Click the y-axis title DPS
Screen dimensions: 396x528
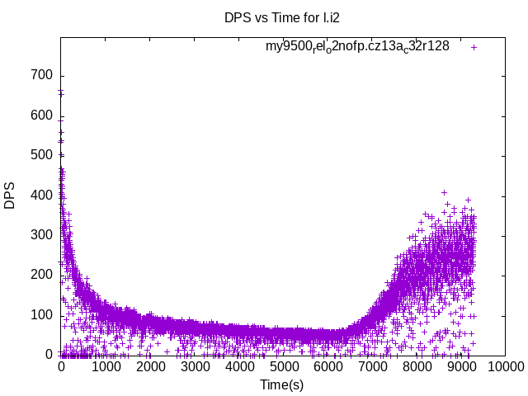coord(10,196)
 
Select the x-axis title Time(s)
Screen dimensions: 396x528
coord(282,384)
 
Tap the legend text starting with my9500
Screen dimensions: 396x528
coord(357,46)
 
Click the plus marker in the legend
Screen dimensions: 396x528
coord(474,47)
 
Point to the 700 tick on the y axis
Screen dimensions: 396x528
coord(42,76)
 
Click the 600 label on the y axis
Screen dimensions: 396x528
coord(42,115)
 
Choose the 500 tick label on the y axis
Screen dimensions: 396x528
coord(42,155)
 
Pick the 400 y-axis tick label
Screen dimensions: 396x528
coord(42,196)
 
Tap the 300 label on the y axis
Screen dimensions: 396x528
coord(42,235)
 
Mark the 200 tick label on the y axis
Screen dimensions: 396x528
coord(42,275)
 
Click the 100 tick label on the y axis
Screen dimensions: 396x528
coord(42,315)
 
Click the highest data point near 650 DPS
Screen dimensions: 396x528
coord(61,94)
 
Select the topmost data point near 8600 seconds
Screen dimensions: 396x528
coord(444,192)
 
